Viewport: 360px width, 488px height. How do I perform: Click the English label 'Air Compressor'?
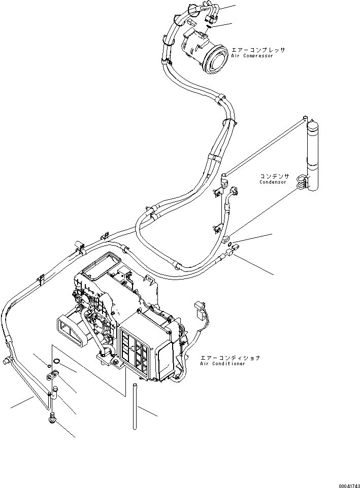coord(251,56)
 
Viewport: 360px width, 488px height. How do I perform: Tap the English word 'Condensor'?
coord(273,182)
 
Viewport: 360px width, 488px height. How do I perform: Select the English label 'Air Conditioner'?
coord(222,364)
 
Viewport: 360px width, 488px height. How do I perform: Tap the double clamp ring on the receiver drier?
coord(302,182)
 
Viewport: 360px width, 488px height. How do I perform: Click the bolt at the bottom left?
coord(52,419)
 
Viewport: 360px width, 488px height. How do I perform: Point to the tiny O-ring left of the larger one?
coord(48,366)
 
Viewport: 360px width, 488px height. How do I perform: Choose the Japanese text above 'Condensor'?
coord(275,176)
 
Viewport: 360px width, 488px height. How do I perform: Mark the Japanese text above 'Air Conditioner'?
coord(230,358)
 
